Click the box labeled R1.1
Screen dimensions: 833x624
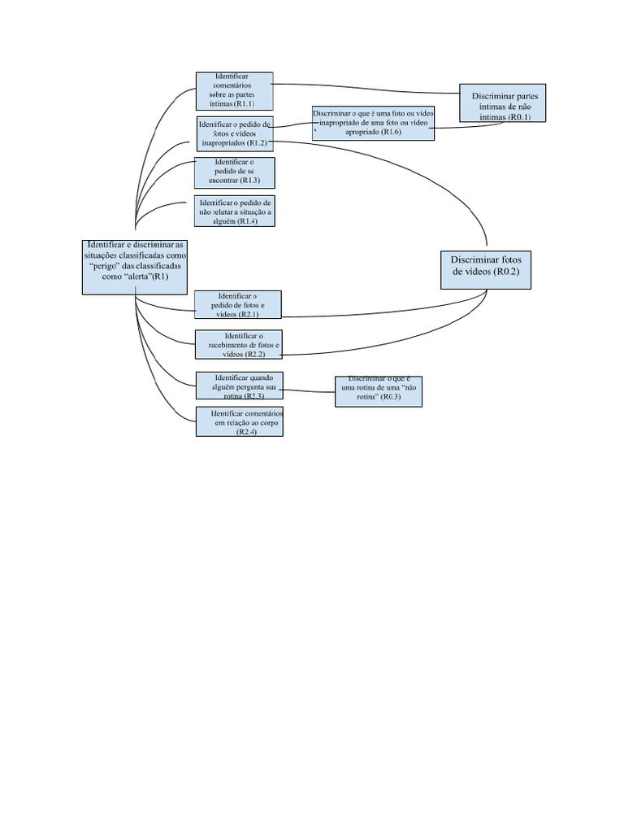[x=234, y=91]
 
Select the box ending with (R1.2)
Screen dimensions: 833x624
[x=235, y=133]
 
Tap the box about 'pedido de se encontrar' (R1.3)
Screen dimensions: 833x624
[x=235, y=172]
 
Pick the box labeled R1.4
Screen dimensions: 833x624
[x=235, y=212]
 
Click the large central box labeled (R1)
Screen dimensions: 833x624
[x=135, y=267]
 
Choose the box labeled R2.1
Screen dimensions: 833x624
[x=238, y=304]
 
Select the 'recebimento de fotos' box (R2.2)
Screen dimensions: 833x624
[x=239, y=345]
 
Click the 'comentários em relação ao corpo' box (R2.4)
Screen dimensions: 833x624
[x=239, y=422]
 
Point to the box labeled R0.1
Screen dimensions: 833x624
[x=502, y=103]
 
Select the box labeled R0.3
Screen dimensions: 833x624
[x=378, y=391]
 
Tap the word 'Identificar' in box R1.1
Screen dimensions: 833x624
[x=232, y=75]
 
